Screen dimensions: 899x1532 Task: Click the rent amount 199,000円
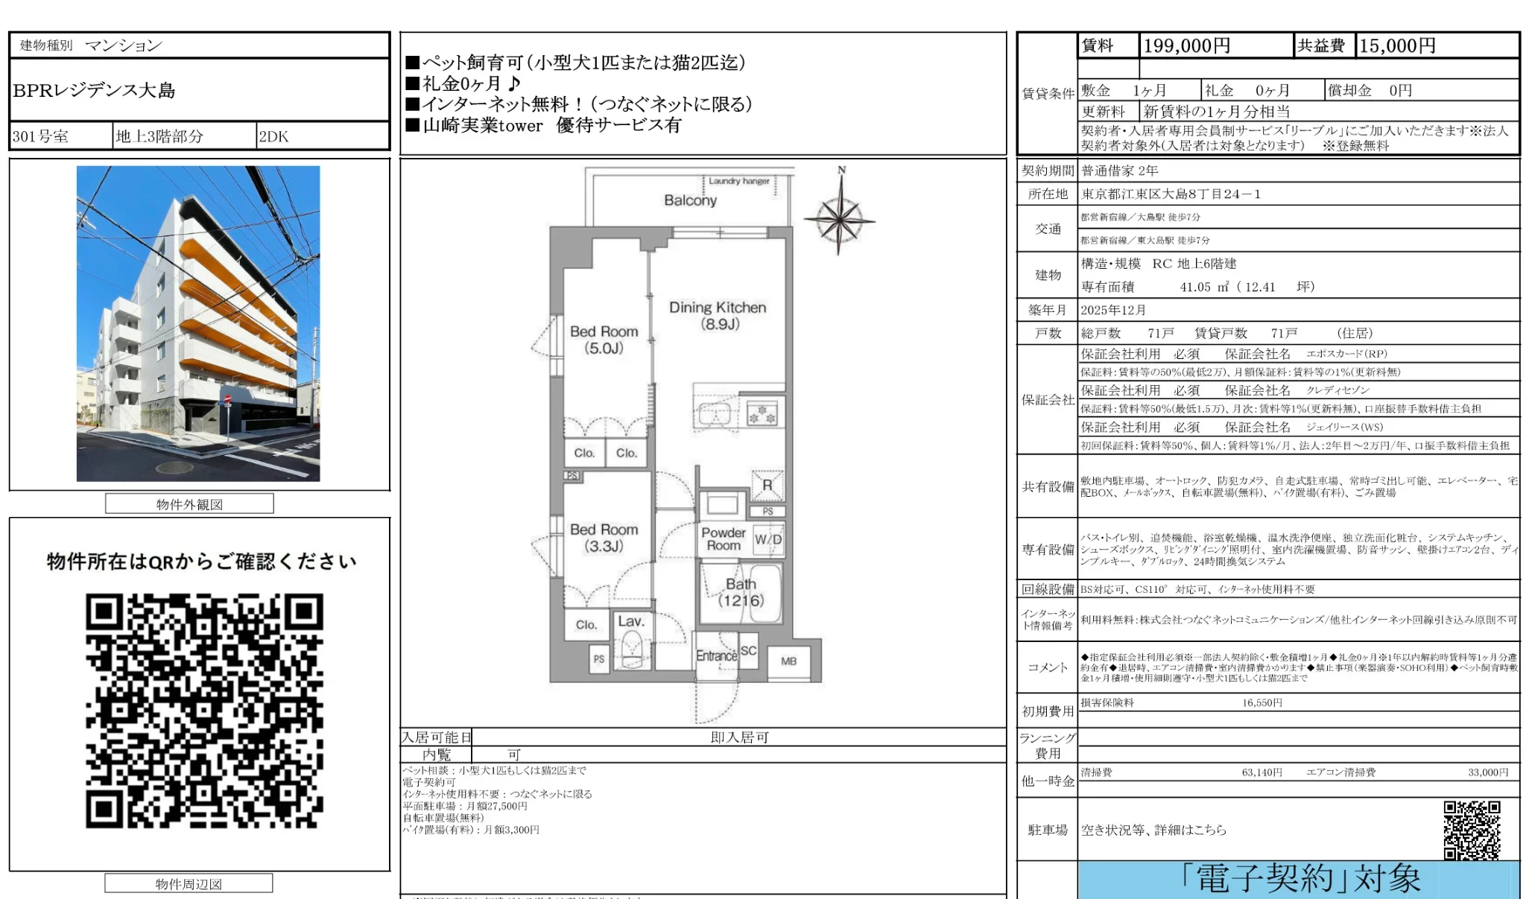1186,46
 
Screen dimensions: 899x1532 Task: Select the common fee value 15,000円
1397,46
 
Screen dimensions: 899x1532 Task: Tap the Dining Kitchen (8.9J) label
718,315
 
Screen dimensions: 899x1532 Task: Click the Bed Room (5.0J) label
604,340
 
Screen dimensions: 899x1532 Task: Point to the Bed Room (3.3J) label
604,537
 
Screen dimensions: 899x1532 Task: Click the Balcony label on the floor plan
690,200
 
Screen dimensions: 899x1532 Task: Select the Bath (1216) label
741,592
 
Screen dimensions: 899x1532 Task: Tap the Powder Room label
723,539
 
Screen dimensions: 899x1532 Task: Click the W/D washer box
768,539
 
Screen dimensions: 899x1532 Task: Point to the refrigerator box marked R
767,486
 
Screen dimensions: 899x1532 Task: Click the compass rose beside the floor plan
840,220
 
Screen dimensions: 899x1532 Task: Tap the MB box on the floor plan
789,661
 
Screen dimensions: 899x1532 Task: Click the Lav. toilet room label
630,621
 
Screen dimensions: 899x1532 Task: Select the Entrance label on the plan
716,655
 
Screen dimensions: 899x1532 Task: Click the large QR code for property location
204,711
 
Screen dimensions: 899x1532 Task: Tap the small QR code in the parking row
1471,830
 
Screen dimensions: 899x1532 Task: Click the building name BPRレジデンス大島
94,91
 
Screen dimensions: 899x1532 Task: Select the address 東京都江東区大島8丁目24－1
1171,194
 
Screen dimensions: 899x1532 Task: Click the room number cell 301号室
41,137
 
